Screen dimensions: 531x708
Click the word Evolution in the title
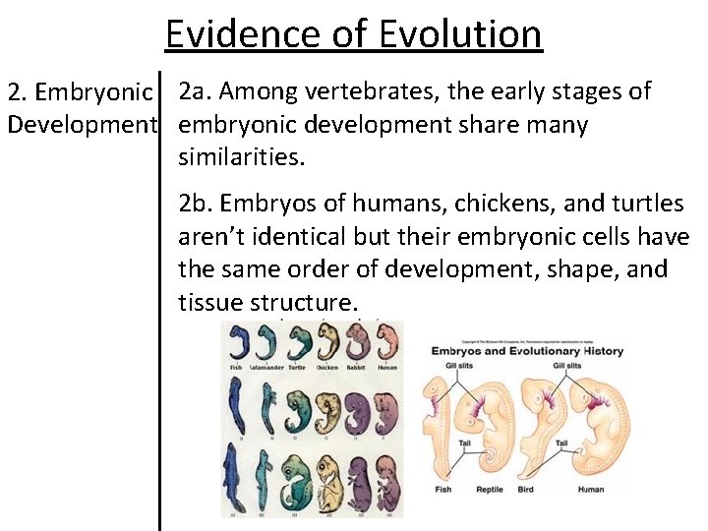[461, 33]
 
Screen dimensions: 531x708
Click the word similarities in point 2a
[240, 157]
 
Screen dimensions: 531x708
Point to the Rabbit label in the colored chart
[360, 368]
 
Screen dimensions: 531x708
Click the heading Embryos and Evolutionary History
[527, 351]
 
